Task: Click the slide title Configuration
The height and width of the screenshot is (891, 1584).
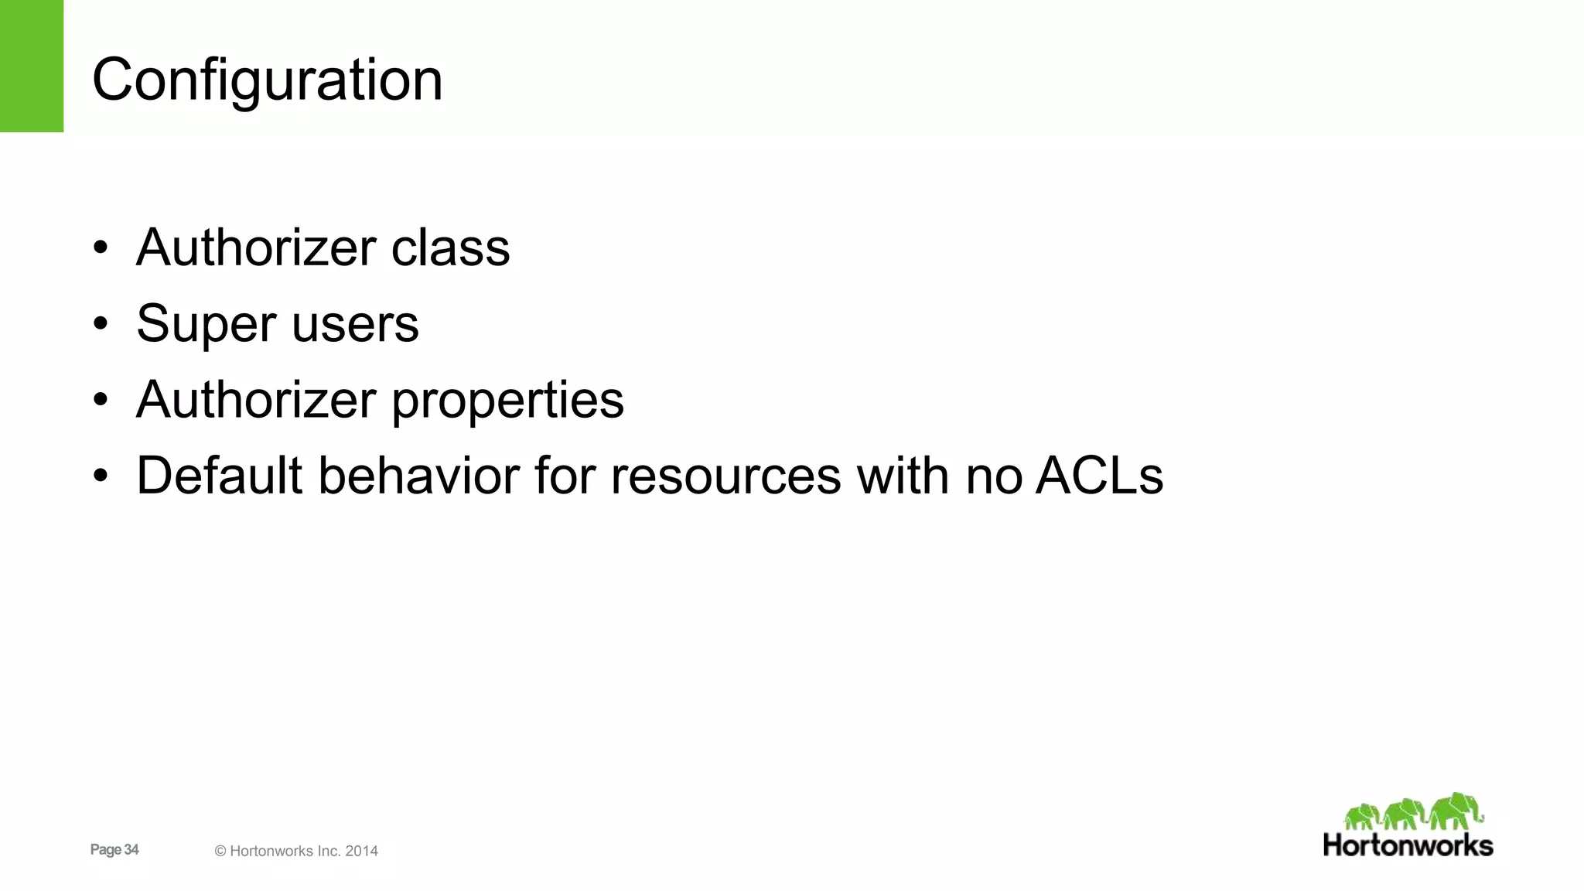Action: pos(267,80)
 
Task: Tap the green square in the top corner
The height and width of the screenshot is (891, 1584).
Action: pos(31,66)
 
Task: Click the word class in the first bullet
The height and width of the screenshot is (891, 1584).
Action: pos(450,248)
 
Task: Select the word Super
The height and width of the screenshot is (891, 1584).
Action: pos(207,325)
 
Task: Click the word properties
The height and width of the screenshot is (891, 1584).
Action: pos(507,401)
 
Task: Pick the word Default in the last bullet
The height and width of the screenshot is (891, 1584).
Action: pos(219,476)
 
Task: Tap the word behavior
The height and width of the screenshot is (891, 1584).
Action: pos(418,476)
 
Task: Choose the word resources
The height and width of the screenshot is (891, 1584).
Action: pos(725,476)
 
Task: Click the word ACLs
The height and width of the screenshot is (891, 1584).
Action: pos(1099,476)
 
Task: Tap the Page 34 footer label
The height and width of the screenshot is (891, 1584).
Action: pos(114,850)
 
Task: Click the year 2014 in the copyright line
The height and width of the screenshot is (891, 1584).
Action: pos(361,852)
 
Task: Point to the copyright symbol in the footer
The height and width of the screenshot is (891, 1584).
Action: pos(220,852)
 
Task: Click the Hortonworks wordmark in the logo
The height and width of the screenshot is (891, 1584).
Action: pos(1408,845)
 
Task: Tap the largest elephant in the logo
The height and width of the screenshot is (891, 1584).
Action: pos(1455,811)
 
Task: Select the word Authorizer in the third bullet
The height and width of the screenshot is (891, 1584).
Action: pos(256,401)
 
